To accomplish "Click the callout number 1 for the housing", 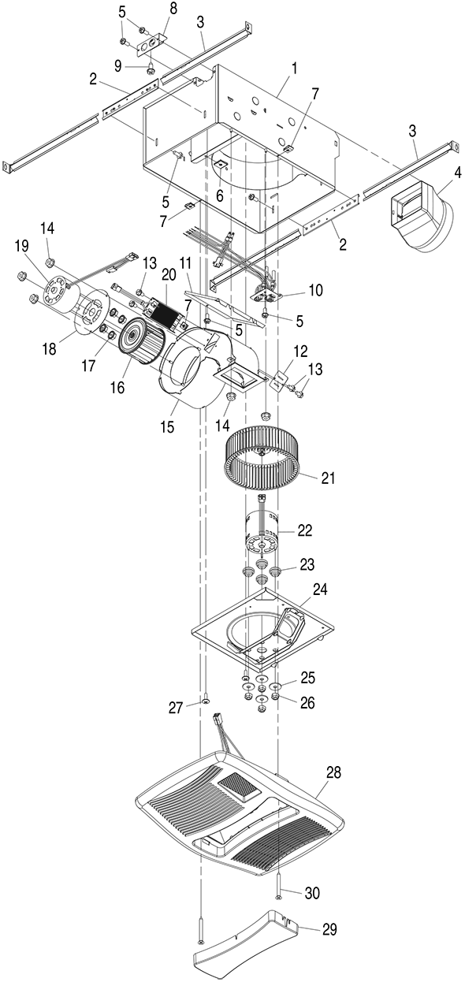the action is (295, 69).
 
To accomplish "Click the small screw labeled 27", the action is (205, 701).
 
